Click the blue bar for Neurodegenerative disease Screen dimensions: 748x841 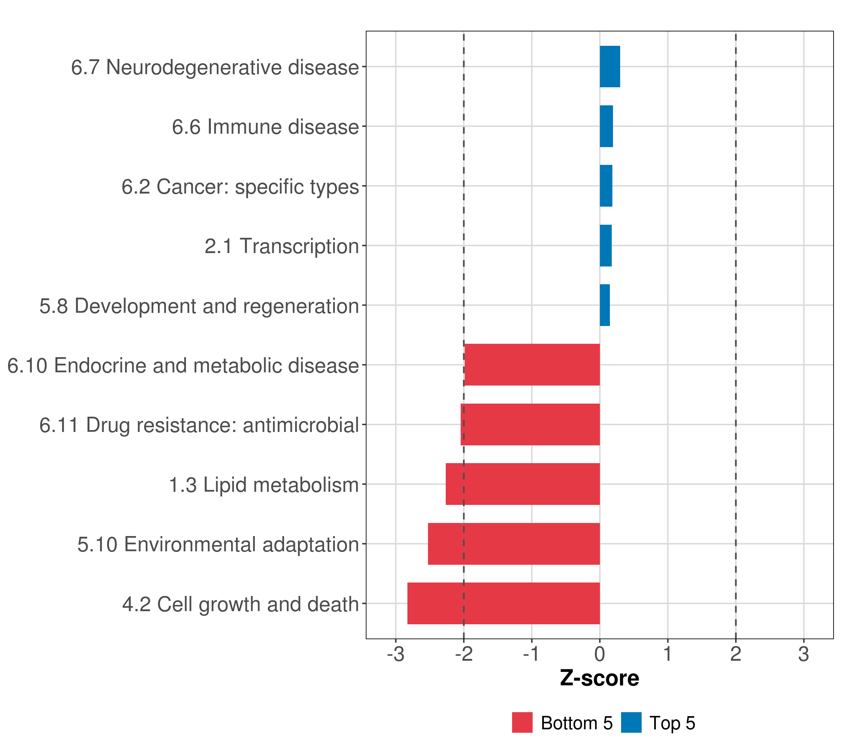pos(610,67)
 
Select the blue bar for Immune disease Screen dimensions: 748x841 pos(606,127)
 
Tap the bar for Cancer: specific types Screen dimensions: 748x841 pos(606,186)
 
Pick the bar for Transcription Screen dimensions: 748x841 pos(606,246)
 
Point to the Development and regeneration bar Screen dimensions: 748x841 pos(604,305)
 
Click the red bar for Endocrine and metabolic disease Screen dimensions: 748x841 pos(532,365)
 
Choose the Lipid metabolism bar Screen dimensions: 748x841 pos(523,484)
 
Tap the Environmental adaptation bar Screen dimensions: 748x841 pos(514,544)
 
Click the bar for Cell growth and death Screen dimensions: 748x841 pos(503,603)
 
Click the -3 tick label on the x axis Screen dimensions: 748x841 pos(395,654)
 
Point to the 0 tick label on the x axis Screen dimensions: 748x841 pos(600,654)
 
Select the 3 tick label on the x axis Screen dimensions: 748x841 pos(804,654)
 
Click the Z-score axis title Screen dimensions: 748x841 pos(600,678)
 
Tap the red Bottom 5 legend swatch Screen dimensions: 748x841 pos(522,723)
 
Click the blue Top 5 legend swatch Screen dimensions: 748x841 pos(631,723)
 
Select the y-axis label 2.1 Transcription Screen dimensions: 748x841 pos(282,247)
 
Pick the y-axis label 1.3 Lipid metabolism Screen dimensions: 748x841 pos(264,485)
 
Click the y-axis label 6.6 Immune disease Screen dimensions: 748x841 pos(265,127)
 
